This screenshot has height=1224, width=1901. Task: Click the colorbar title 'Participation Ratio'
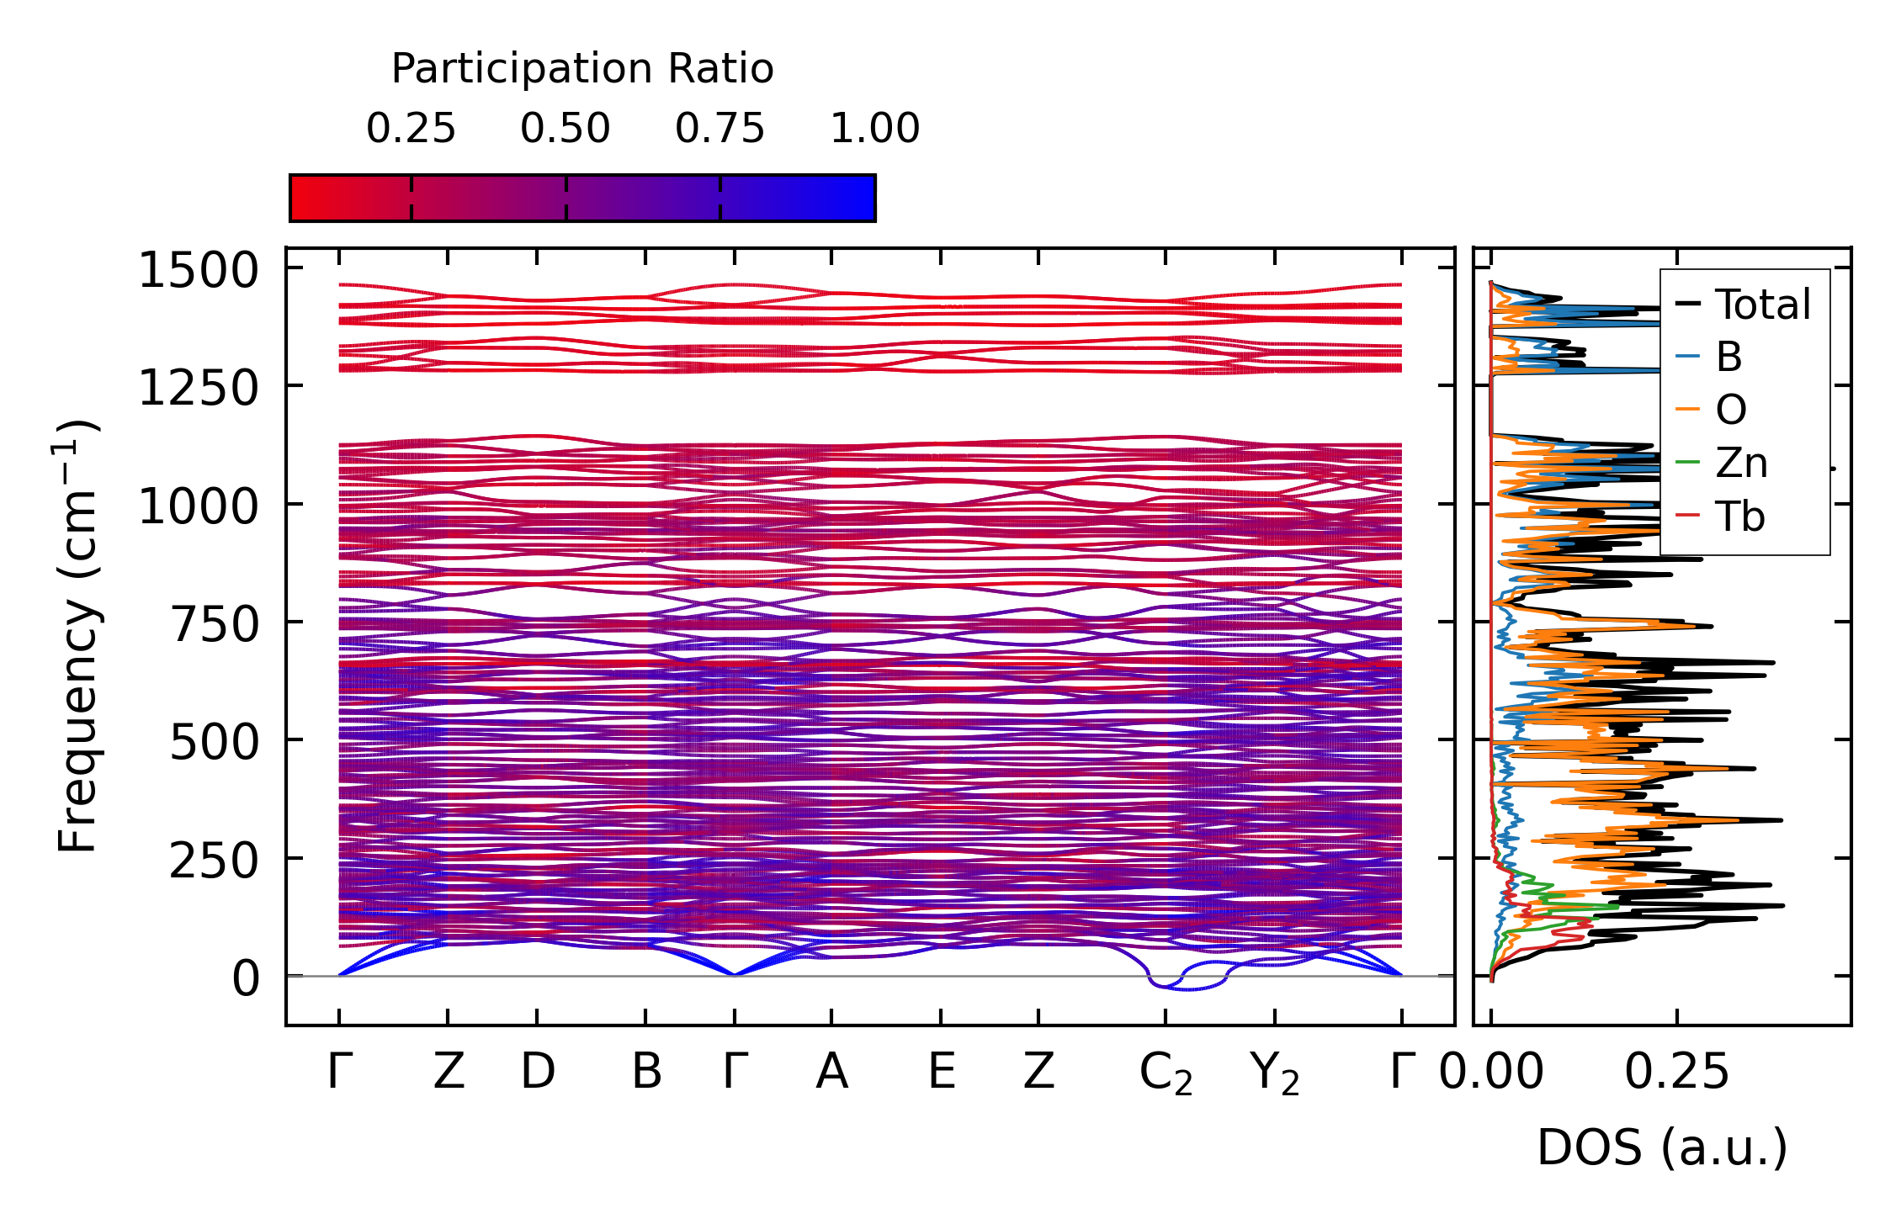(x=582, y=69)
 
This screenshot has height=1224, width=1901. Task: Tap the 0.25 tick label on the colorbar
(x=411, y=129)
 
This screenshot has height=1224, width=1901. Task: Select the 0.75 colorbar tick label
(x=720, y=129)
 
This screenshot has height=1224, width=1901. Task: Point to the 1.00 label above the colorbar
(x=874, y=129)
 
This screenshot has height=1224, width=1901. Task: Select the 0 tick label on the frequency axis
(x=246, y=978)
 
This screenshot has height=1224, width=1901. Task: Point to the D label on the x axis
(x=538, y=1072)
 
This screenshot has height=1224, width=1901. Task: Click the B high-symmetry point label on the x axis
(x=646, y=1072)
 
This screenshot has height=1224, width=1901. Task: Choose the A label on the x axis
(x=831, y=1072)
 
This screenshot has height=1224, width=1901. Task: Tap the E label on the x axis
(x=941, y=1072)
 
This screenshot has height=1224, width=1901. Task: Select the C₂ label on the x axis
(x=1166, y=1073)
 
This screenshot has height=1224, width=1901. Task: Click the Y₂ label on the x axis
(x=1274, y=1073)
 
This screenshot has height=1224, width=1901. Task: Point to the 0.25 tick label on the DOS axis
(x=1676, y=1072)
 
